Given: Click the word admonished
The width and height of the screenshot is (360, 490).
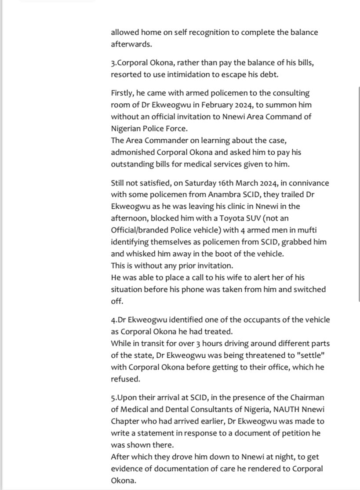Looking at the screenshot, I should (134, 152).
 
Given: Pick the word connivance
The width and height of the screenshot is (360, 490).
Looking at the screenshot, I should (308, 183).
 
